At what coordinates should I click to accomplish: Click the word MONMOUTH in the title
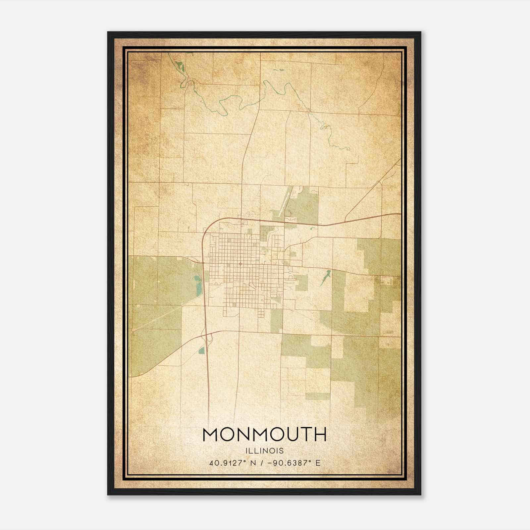(264, 435)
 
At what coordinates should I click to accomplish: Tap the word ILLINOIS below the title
(264, 451)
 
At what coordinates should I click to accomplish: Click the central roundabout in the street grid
(240, 264)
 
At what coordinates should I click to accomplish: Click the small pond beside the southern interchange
(201, 350)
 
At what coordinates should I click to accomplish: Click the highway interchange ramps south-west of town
(209, 338)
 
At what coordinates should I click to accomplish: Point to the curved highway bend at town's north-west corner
(207, 229)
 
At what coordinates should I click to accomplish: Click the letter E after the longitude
(318, 463)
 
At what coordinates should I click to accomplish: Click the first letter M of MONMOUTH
(210, 435)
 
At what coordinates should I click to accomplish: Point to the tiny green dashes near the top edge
(279, 70)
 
